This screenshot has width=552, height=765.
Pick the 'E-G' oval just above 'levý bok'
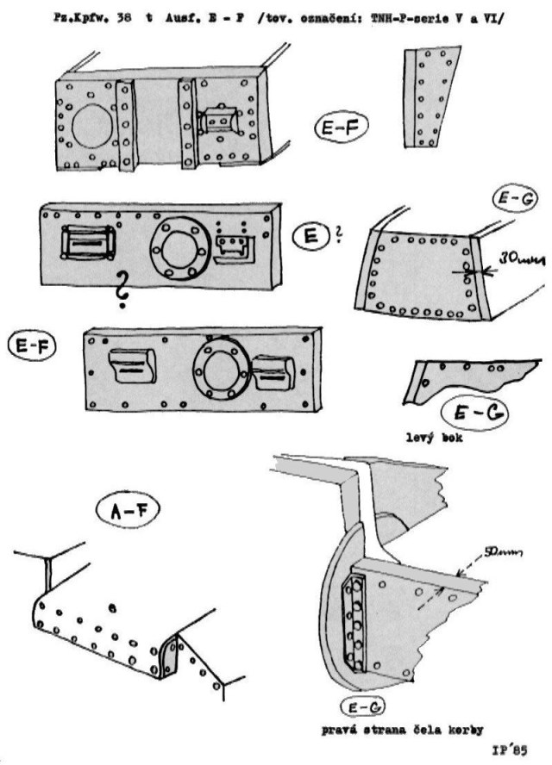point(473,414)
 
